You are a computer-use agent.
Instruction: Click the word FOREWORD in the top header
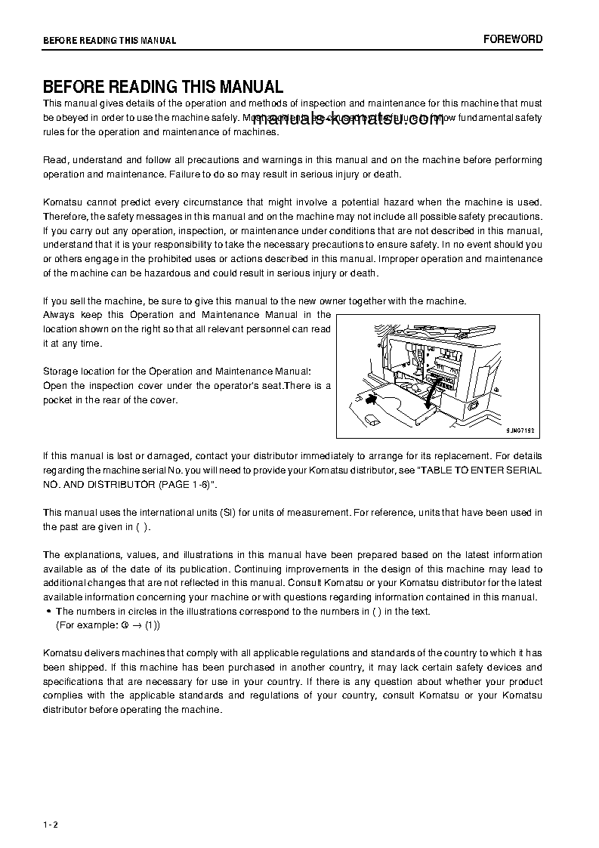pos(513,39)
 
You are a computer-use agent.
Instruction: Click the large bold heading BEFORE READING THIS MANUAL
pos(163,87)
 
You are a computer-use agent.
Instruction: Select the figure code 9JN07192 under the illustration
pos(520,429)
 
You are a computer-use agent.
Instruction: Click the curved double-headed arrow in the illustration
pos(372,396)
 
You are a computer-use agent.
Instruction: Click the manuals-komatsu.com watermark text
pos(349,123)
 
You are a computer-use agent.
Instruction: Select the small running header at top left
pos(110,41)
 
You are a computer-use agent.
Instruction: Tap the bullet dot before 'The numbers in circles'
pos(49,612)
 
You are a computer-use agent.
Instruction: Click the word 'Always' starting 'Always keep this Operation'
pos(58,314)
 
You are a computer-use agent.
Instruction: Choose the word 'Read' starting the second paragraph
pos(54,160)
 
